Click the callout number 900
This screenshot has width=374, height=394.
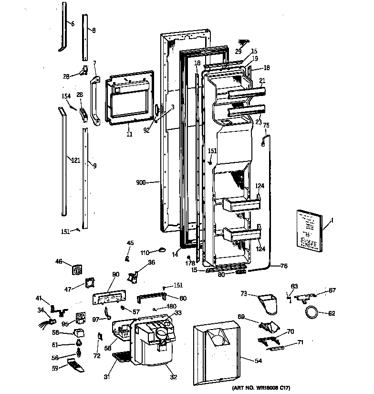tap(141, 182)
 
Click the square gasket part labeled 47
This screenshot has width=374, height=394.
tap(89, 283)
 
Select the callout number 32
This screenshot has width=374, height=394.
tap(174, 377)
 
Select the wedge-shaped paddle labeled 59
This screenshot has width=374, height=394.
tap(73, 366)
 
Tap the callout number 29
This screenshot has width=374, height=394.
tap(238, 51)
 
